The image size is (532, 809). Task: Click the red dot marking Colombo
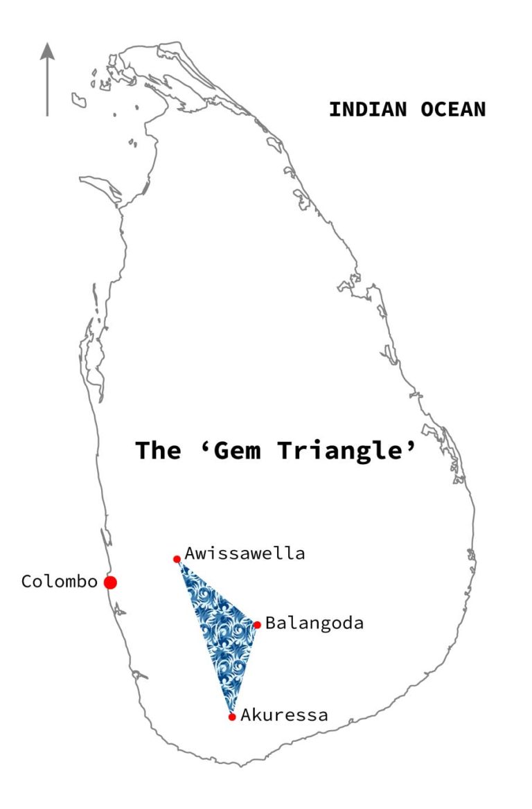(x=110, y=583)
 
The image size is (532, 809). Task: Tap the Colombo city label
(x=59, y=582)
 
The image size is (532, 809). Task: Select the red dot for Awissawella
(x=177, y=559)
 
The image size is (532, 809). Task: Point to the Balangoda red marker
(x=257, y=625)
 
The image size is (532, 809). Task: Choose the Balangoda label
(x=314, y=623)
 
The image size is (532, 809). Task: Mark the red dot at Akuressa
(x=232, y=717)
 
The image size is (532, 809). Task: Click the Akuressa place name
(x=284, y=715)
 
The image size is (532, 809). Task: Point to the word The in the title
(x=157, y=451)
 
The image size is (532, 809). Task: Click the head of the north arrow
(x=47, y=50)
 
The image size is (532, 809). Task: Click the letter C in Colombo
(x=27, y=582)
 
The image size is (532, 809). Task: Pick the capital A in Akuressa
(x=246, y=715)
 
